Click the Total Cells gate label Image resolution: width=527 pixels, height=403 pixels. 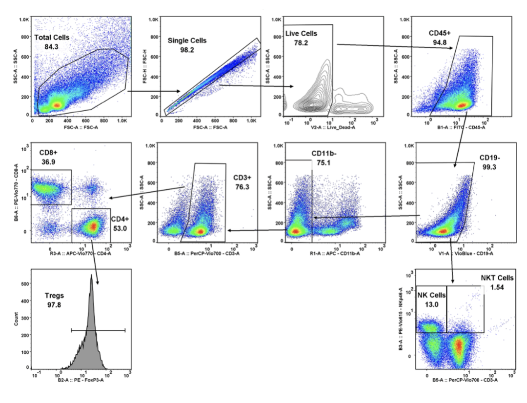(52, 37)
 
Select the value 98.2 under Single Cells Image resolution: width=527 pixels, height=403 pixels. (187, 50)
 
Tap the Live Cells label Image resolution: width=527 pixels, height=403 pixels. (301, 34)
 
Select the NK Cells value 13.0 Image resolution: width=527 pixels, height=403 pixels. (431, 303)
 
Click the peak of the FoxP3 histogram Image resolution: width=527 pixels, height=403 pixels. (91, 276)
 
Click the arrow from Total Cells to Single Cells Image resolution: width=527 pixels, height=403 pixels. (154, 91)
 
